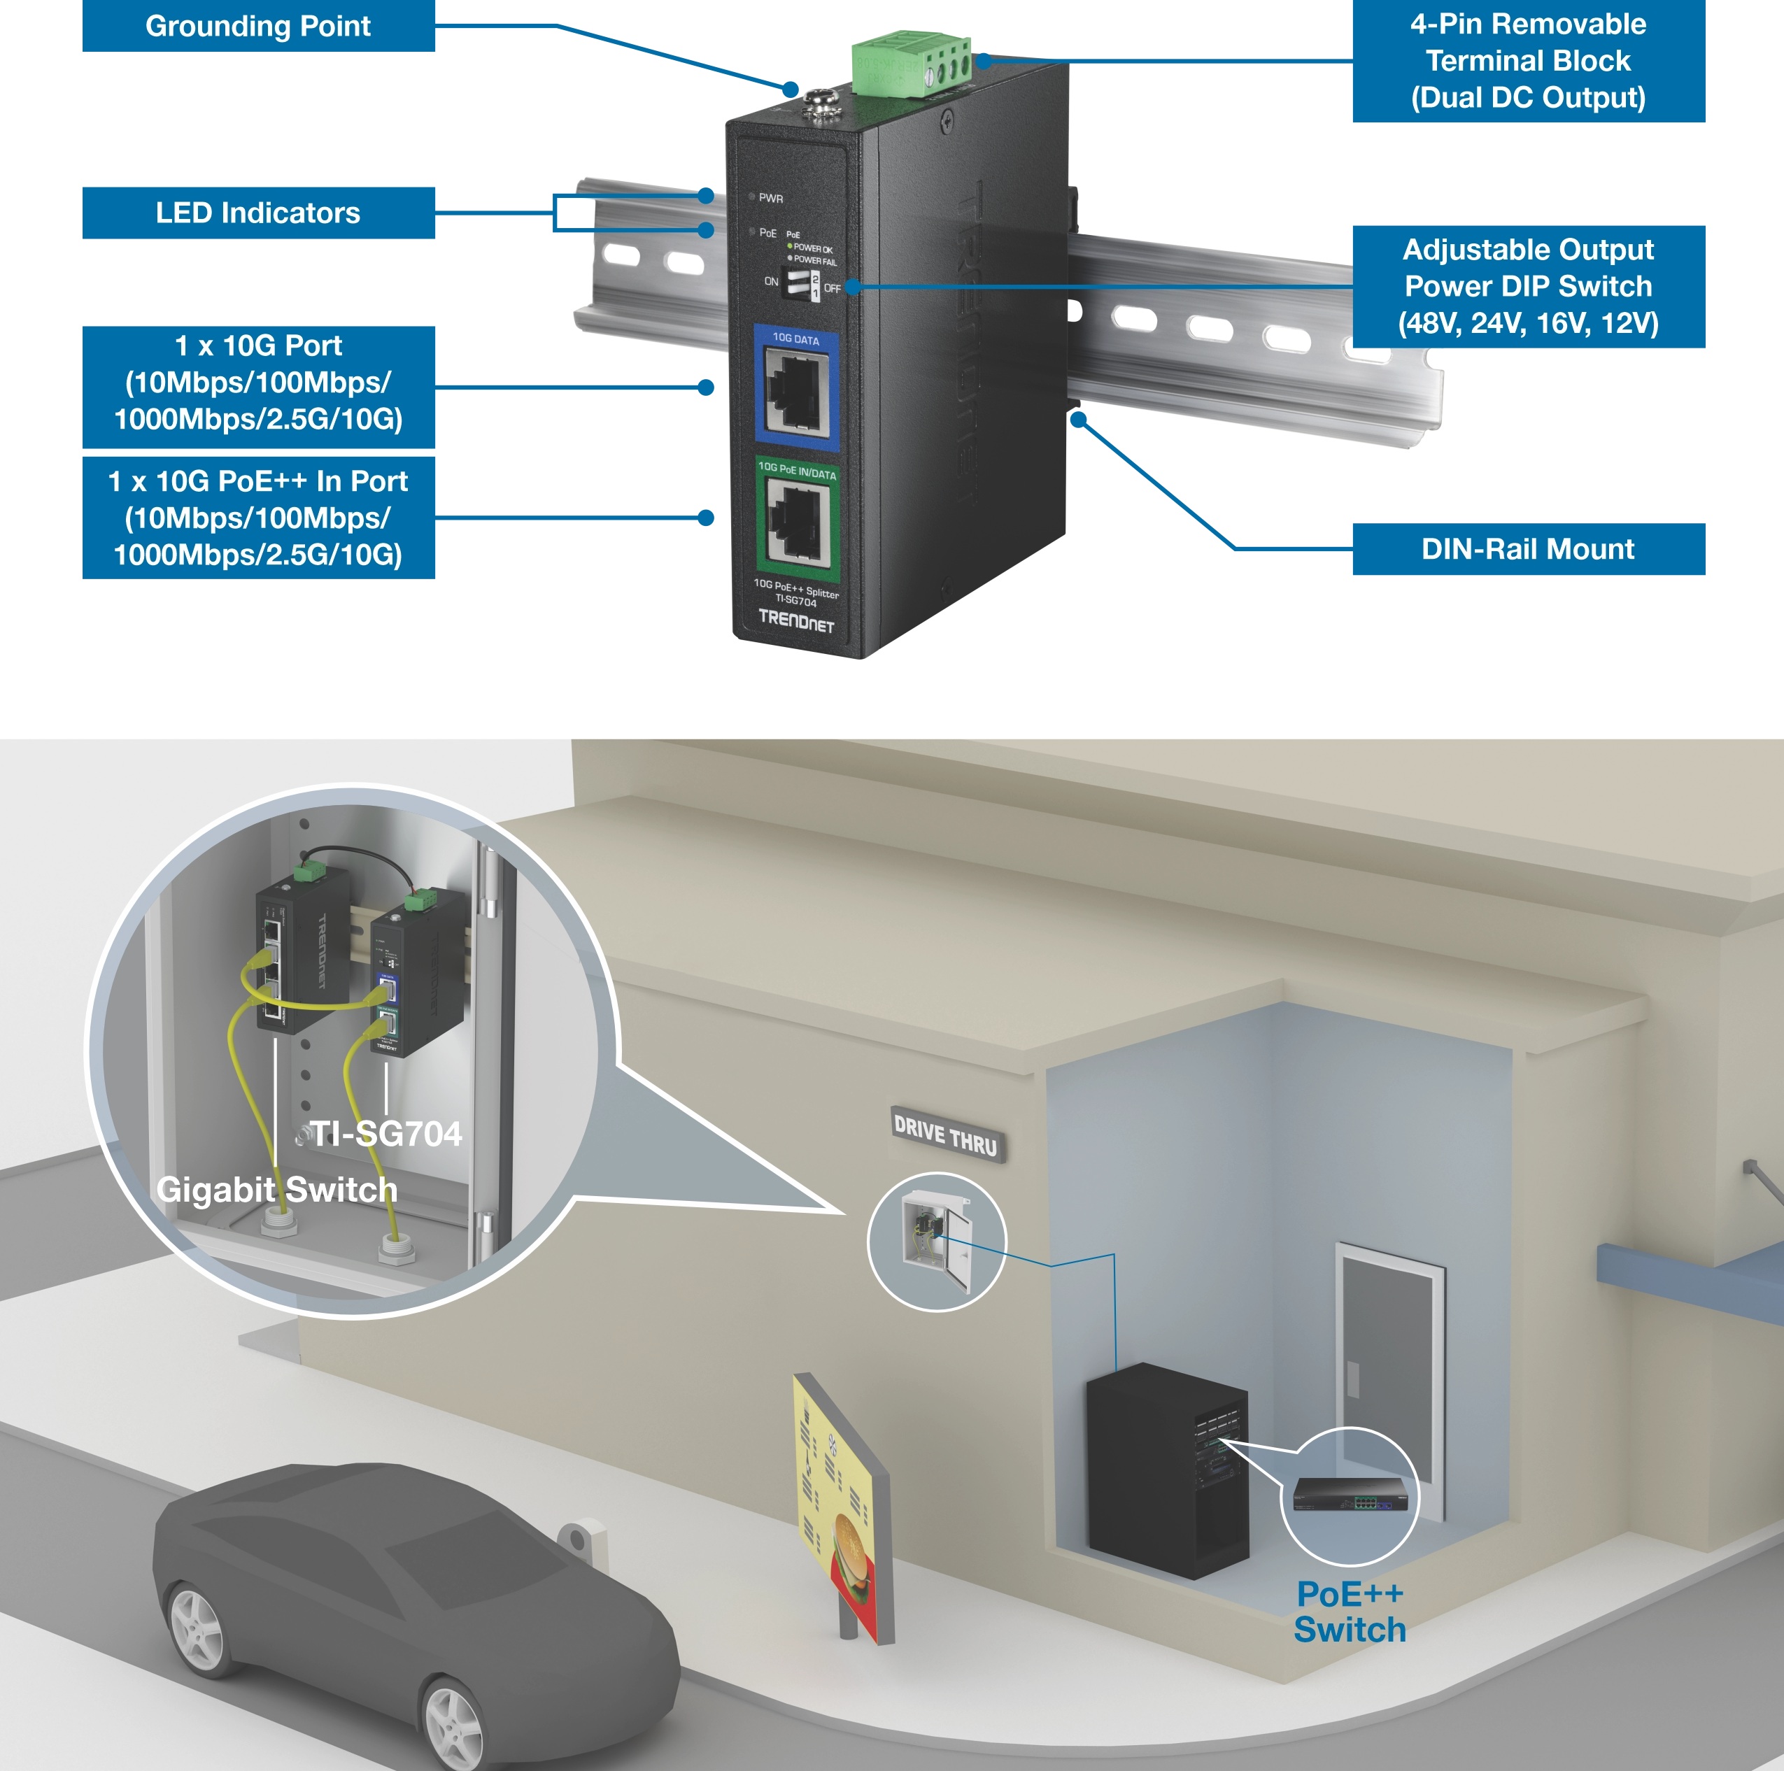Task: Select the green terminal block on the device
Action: (x=910, y=64)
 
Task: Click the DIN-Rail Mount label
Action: (x=1527, y=549)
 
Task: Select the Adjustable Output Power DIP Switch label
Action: (x=1527, y=286)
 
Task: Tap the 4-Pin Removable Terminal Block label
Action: (x=1527, y=61)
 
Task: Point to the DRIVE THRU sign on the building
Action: (x=946, y=1134)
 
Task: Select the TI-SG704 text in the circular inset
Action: (x=386, y=1134)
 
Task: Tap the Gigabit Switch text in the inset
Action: (x=277, y=1189)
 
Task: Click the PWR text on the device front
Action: (x=770, y=199)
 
